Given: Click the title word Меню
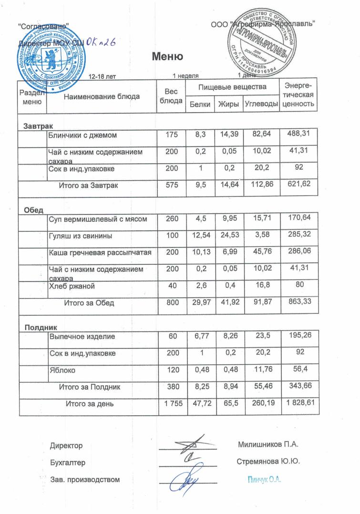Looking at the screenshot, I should click(167, 57).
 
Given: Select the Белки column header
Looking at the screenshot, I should click(200, 104).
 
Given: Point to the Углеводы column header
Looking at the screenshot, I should click(261, 104).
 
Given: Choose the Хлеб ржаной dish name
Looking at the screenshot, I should click(72, 286).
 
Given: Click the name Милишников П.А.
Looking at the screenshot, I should click(267, 445).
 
